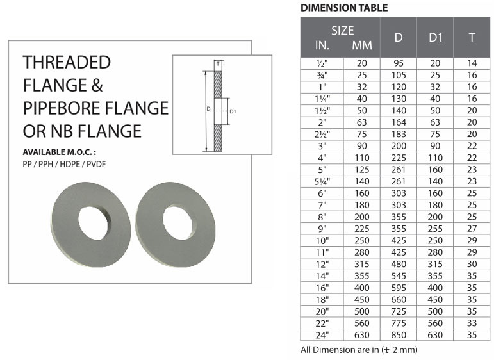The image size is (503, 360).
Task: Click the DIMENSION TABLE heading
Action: (x=344, y=8)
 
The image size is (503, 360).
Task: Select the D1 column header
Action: (x=435, y=38)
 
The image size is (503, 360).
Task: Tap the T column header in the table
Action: (x=472, y=38)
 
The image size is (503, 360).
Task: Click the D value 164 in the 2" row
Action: (x=399, y=122)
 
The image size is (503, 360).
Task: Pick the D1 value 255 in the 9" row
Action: (x=435, y=229)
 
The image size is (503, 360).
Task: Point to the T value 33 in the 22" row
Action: (x=472, y=323)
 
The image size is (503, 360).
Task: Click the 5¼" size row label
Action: (x=322, y=182)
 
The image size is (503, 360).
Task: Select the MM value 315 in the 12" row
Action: (x=362, y=265)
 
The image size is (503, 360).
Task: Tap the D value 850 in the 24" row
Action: (x=399, y=335)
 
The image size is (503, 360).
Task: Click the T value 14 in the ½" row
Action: (x=472, y=63)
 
